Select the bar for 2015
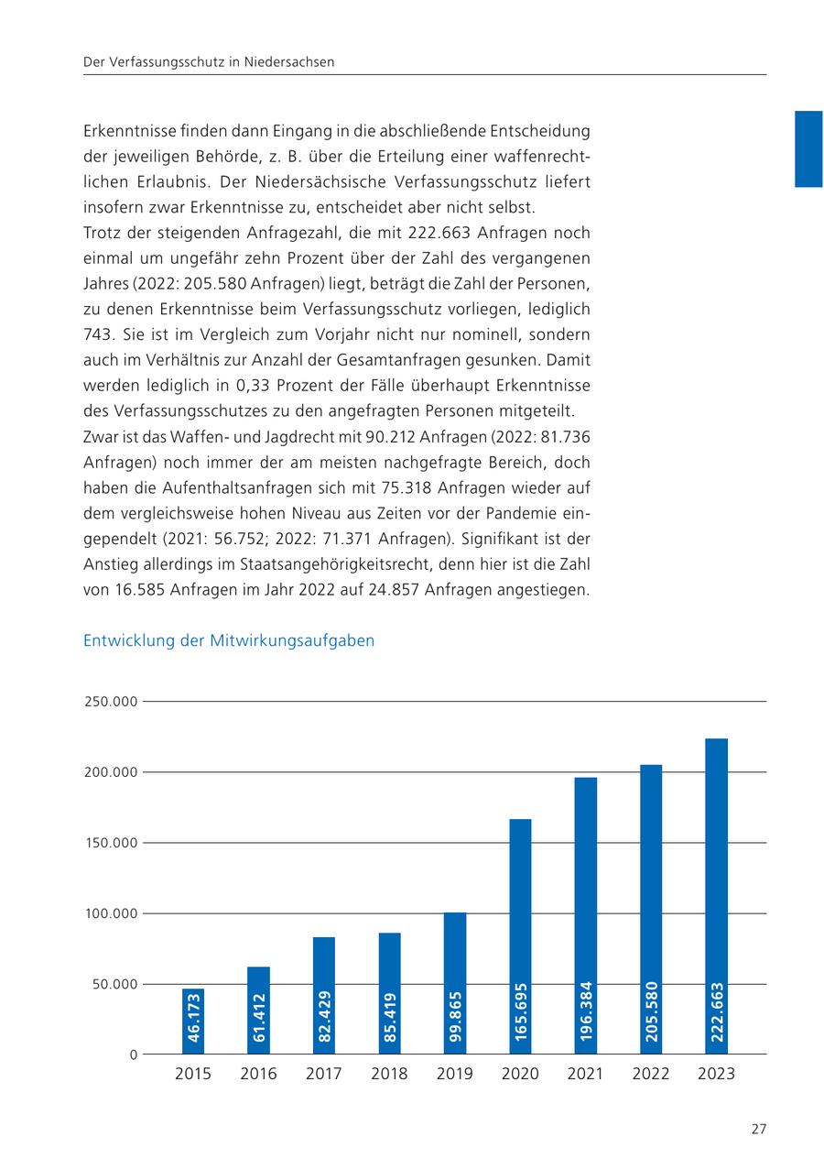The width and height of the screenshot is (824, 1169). (x=193, y=1021)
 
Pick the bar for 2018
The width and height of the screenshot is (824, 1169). (x=389, y=993)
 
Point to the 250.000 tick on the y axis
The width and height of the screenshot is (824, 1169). (x=111, y=702)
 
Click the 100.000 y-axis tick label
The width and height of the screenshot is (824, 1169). (x=111, y=913)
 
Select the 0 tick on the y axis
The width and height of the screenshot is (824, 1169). (x=133, y=1054)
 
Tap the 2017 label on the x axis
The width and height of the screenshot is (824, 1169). (x=324, y=1074)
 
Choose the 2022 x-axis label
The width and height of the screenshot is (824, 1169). (x=651, y=1074)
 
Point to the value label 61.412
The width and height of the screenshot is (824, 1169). (x=259, y=1018)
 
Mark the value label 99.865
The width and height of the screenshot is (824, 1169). (x=455, y=1017)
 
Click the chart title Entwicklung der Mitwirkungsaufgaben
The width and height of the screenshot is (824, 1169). (x=229, y=640)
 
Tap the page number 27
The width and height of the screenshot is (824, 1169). (x=758, y=1129)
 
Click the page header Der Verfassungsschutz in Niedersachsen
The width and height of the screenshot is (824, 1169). (x=209, y=62)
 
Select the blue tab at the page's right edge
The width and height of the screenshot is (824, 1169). (x=808, y=148)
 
